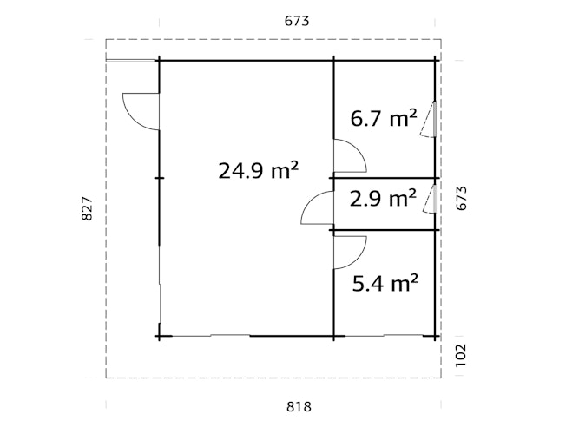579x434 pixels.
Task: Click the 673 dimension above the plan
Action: (x=297, y=20)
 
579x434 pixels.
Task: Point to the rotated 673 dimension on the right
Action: (x=461, y=199)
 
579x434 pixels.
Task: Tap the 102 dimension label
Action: (x=461, y=355)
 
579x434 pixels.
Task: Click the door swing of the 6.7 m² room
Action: (x=349, y=156)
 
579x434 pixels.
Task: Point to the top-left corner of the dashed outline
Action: (x=106, y=40)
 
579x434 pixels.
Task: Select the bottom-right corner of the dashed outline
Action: (x=440, y=378)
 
